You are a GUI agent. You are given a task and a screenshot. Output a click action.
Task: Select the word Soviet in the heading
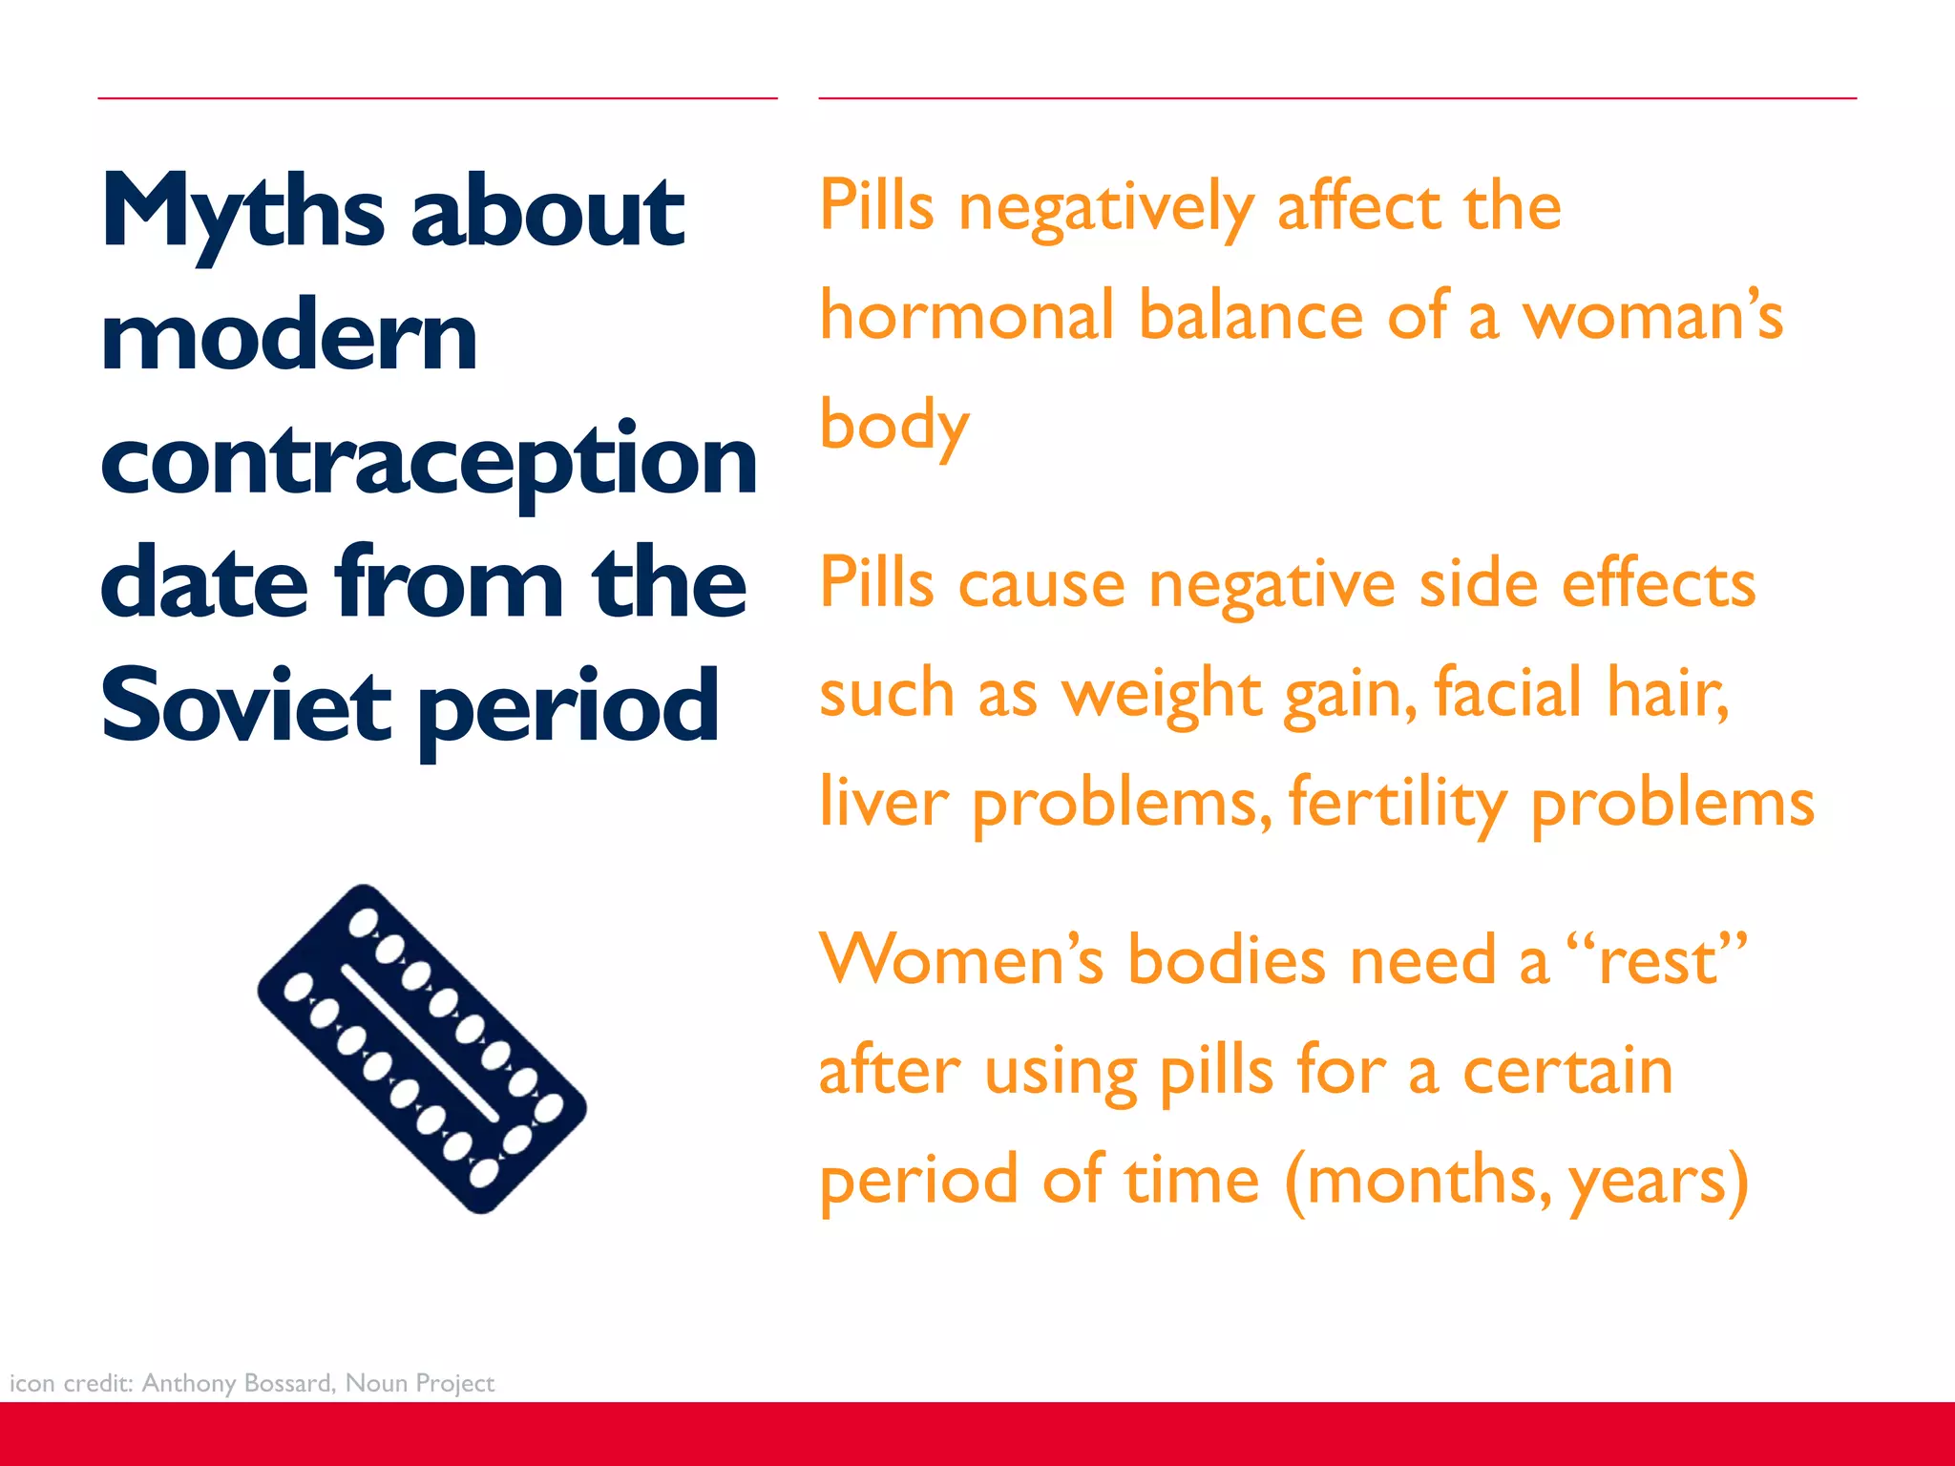(x=245, y=706)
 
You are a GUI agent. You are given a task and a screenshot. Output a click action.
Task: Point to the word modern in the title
(x=288, y=337)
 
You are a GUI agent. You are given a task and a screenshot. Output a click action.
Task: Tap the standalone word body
(x=894, y=427)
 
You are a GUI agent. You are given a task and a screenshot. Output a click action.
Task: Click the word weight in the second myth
(x=1162, y=694)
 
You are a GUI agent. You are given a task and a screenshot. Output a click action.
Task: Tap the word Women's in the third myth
(x=960, y=958)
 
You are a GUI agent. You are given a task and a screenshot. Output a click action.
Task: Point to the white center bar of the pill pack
(x=421, y=1044)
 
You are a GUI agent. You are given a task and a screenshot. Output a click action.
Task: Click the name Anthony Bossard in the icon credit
(x=238, y=1383)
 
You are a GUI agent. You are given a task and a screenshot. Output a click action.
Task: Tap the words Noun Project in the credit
(x=420, y=1383)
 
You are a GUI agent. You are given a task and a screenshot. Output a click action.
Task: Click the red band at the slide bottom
(x=977, y=1434)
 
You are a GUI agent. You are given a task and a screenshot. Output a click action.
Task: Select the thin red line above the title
(x=437, y=97)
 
